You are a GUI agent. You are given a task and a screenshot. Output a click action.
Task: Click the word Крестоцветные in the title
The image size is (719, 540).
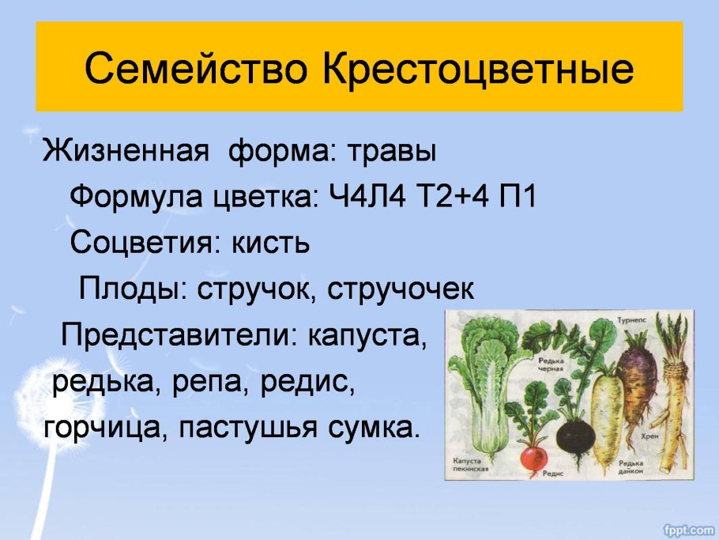(x=478, y=70)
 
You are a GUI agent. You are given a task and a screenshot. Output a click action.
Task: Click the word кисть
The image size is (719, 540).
(x=269, y=243)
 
